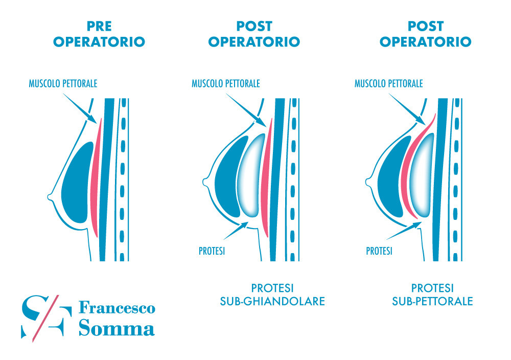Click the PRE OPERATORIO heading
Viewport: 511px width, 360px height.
pyautogui.click(x=99, y=34)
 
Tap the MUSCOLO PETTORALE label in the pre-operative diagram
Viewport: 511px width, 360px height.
pyautogui.click(x=63, y=83)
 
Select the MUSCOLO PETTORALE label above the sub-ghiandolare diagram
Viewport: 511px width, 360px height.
pyautogui.click(x=226, y=83)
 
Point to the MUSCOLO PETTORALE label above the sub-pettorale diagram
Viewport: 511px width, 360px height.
pyautogui.click(x=388, y=83)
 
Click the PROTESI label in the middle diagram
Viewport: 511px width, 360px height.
pyautogui.click(x=212, y=251)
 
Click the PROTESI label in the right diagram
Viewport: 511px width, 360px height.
pyautogui.click(x=379, y=251)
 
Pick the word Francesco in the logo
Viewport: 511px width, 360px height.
pyautogui.click(x=117, y=308)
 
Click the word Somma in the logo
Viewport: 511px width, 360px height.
pyautogui.click(x=117, y=328)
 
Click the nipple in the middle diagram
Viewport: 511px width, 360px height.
pyautogui.click(x=206, y=181)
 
